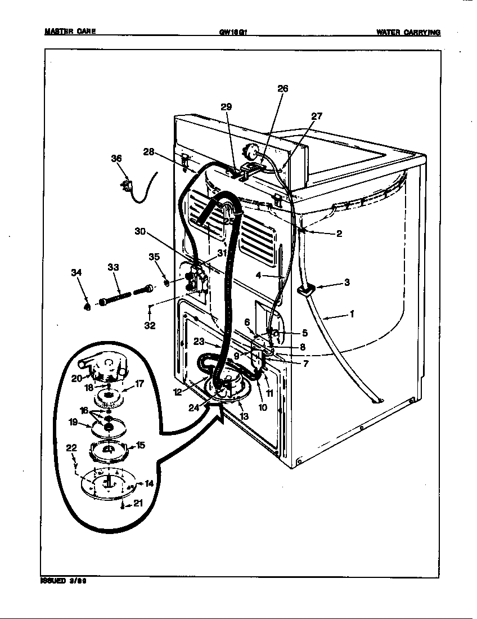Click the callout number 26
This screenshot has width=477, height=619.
282,88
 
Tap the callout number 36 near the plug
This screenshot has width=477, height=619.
116,159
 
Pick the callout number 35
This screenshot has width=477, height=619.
155,257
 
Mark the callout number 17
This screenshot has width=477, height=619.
139,385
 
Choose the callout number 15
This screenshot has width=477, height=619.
140,445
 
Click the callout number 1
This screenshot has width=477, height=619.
352,315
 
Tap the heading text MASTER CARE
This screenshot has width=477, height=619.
70,32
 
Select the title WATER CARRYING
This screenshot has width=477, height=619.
408,32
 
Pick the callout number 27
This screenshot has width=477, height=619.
317,116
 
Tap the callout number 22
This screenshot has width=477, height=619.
71,447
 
